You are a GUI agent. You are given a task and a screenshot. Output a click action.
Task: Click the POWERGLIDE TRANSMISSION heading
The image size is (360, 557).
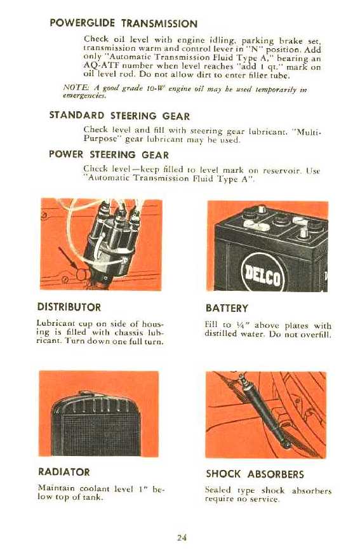[x=124, y=23]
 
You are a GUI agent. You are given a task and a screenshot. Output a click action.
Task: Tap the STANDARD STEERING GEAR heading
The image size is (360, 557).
[x=119, y=116]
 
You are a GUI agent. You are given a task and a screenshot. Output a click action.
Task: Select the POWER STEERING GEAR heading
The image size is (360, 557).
[x=109, y=154]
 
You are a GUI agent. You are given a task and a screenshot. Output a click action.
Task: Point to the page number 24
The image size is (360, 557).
[x=182, y=537]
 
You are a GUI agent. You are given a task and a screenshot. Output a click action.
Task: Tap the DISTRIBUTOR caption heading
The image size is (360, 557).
[x=69, y=307]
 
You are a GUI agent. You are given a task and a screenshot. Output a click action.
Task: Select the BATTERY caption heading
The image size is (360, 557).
[x=227, y=308]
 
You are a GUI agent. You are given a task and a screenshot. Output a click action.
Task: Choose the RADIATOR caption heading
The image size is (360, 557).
[x=64, y=472]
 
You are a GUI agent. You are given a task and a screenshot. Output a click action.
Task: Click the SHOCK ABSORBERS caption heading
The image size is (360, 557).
[x=255, y=474]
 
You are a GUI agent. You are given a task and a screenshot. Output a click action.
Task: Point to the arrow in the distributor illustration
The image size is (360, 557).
[x=68, y=258]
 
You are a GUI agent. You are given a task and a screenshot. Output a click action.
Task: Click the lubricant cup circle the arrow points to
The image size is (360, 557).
[x=82, y=274]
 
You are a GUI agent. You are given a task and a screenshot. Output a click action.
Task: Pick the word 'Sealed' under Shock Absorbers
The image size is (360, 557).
[x=218, y=490]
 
